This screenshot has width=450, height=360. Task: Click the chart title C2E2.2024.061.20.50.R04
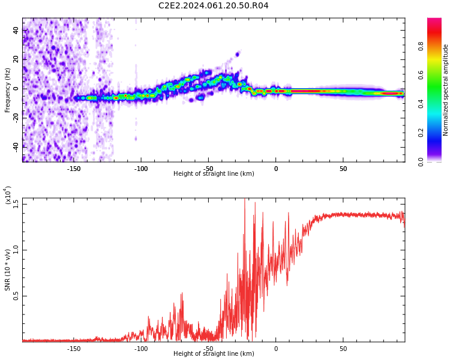pos(213,6)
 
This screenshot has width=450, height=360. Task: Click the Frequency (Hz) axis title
pos(8,90)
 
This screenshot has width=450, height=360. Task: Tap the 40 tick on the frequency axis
pos(16,29)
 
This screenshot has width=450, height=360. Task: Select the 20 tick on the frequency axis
pos(16,59)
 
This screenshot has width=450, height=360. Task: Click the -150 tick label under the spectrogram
pos(73,169)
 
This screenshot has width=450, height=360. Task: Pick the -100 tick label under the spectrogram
pos(140,169)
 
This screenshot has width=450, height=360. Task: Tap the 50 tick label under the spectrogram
pos(343,169)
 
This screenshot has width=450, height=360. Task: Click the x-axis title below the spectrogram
pos(214,174)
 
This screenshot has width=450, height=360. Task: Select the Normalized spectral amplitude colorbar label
pos(446,90)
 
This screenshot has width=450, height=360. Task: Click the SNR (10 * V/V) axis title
pos(8,270)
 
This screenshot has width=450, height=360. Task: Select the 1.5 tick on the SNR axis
pos(16,204)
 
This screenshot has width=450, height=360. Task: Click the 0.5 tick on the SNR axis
pos(16,296)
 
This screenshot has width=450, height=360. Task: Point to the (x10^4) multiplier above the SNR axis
pos(8,196)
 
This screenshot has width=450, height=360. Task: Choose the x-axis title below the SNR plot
pos(214,354)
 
